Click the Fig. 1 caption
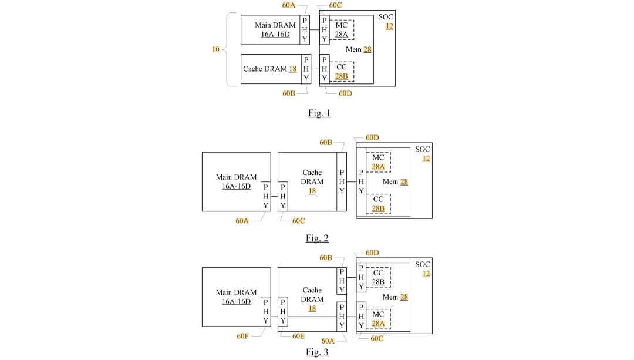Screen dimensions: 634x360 [x=319, y=113]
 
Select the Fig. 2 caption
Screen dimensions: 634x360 [x=317, y=238]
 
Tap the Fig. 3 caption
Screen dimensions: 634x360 [x=317, y=352]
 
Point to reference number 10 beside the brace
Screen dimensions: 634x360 [x=215, y=49]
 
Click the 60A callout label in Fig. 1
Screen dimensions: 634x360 [x=289, y=5]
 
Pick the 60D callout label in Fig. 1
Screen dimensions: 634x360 [x=345, y=93]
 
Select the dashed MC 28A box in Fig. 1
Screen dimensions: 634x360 [x=342, y=30]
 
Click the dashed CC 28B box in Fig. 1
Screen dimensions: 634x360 [x=342, y=72]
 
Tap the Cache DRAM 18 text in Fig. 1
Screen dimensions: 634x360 [x=269, y=69]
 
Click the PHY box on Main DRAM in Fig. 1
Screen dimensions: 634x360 [x=305, y=30]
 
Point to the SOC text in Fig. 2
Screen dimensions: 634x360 [x=423, y=149]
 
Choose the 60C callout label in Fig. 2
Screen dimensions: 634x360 [x=298, y=221]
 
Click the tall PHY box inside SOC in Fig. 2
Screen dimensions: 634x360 [x=361, y=181]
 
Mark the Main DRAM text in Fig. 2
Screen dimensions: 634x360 [x=236, y=177]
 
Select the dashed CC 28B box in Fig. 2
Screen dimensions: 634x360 [x=379, y=204]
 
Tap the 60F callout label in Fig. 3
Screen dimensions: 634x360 [x=242, y=336]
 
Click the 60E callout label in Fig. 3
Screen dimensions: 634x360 [x=298, y=336]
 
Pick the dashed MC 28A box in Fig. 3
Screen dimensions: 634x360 [x=379, y=319]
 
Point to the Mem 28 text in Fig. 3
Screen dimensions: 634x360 [x=396, y=297]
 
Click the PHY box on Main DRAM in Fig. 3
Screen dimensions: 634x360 [x=266, y=312]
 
